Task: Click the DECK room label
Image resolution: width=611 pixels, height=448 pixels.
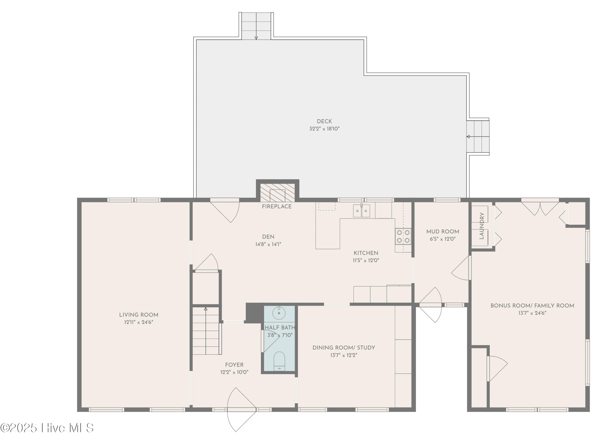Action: pyautogui.click(x=324, y=121)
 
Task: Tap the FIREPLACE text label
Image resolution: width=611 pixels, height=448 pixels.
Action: pyautogui.click(x=277, y=207)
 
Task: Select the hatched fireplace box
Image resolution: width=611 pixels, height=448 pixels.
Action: pyautogui.click(x=277, y=193)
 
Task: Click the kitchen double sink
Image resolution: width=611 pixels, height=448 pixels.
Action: pyautogui.click(x=362, y=211)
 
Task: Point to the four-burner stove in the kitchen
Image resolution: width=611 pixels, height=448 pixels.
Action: pyautogui.click(x=403, y=236)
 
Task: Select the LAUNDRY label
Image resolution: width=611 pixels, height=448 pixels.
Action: pyautogui.click(x=482, y=226)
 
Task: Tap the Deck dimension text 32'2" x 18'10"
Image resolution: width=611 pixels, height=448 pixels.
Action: pyautogui.click(x=324, y=129)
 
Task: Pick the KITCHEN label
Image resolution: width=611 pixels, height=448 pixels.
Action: pyautogui.click(x=366, y=253)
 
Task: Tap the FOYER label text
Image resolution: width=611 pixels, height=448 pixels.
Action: pyautogui.click(x=234, y=365)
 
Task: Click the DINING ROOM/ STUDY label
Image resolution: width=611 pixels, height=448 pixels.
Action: pyautogui.click(x=344, y=348)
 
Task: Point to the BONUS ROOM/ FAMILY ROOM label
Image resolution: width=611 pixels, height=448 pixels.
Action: pyautogui.click(x=532, y=306)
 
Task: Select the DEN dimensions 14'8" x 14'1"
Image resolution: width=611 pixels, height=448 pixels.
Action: pyautogui.click(x=268, y=244)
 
